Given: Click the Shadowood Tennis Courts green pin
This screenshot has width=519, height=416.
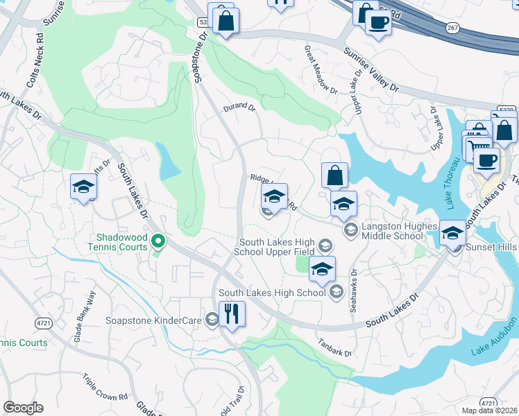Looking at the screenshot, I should [x=158, y=241].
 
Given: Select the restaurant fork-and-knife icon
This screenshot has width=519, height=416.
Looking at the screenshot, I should [x=232, y=314].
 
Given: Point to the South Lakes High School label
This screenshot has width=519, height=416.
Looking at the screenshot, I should [x=272, y=293].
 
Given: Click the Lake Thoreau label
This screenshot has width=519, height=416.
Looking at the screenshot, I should [x=452, y=183].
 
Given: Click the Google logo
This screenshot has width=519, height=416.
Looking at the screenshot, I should [x=23, y=408].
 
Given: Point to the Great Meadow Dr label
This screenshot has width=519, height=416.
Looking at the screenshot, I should [x=321, y=71].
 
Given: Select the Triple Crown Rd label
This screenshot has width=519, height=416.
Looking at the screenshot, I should [x=105, y=388].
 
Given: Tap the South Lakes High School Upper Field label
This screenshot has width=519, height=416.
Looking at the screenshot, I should [x=278, y=247].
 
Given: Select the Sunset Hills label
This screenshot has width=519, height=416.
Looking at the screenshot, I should [x=491, y=247].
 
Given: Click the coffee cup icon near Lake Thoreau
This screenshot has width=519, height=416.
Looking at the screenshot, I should [x=486, y=161].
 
